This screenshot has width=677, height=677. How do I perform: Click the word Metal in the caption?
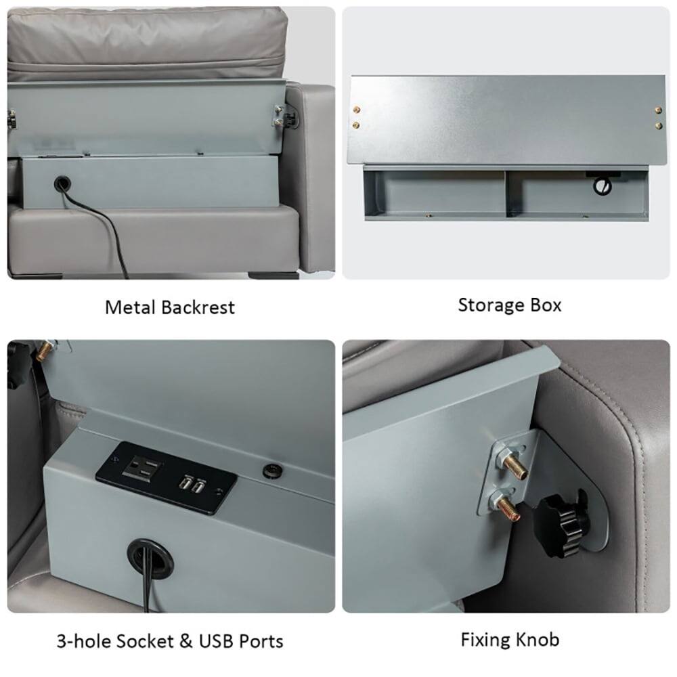131,307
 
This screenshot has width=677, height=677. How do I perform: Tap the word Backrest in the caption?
198,307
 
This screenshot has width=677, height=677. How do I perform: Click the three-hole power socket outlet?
142,468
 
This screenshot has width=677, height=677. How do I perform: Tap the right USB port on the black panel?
198,486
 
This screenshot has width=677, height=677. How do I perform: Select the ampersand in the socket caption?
186,641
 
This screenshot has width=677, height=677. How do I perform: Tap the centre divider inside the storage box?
506,193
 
